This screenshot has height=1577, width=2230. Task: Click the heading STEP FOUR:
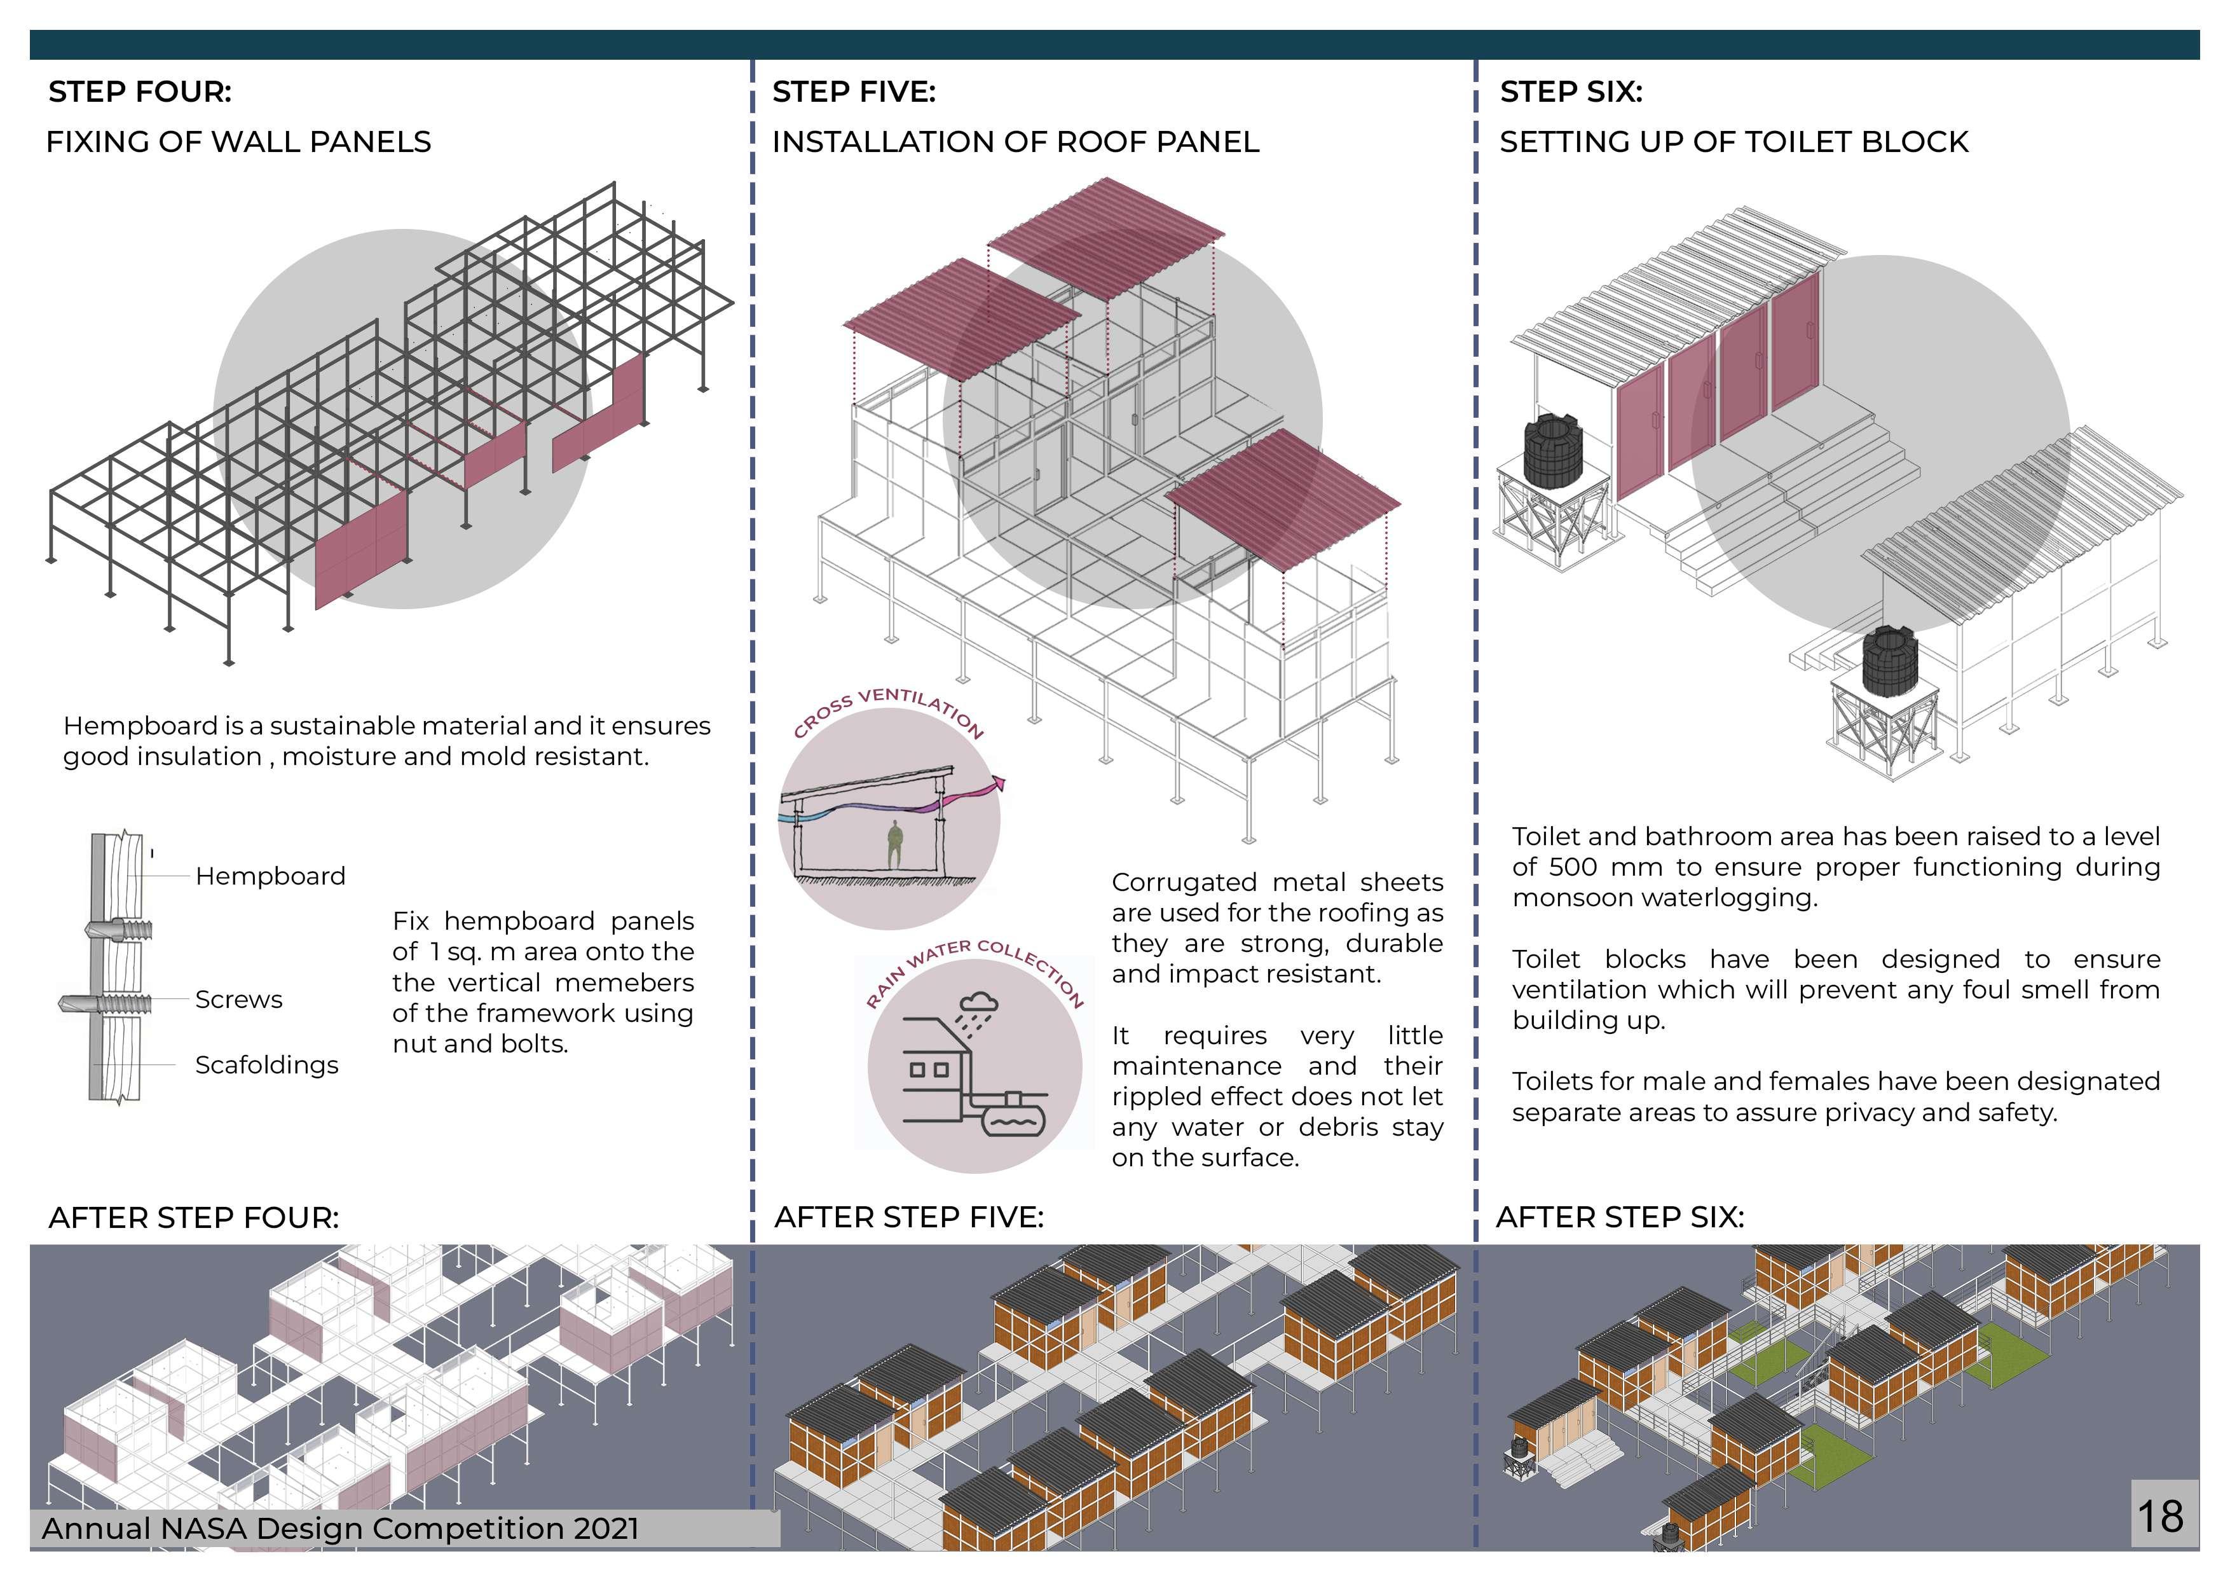(x=140, y=92)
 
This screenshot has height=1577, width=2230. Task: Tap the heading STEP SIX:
(x=1571, y=92)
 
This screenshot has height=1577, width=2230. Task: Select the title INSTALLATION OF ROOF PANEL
(x=1015, y=142)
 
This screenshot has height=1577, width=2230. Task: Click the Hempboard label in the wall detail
(x=270, y=876)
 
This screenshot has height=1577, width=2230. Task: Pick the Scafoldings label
(x=266, y=1065)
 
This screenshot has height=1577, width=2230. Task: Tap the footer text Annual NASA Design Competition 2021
(x=340, y=1529)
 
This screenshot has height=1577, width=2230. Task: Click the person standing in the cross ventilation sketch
(x=894, y=843)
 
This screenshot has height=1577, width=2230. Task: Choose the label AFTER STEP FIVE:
(x=908, y=1218)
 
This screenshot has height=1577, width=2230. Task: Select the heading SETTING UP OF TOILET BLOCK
(x=1734, y=142)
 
